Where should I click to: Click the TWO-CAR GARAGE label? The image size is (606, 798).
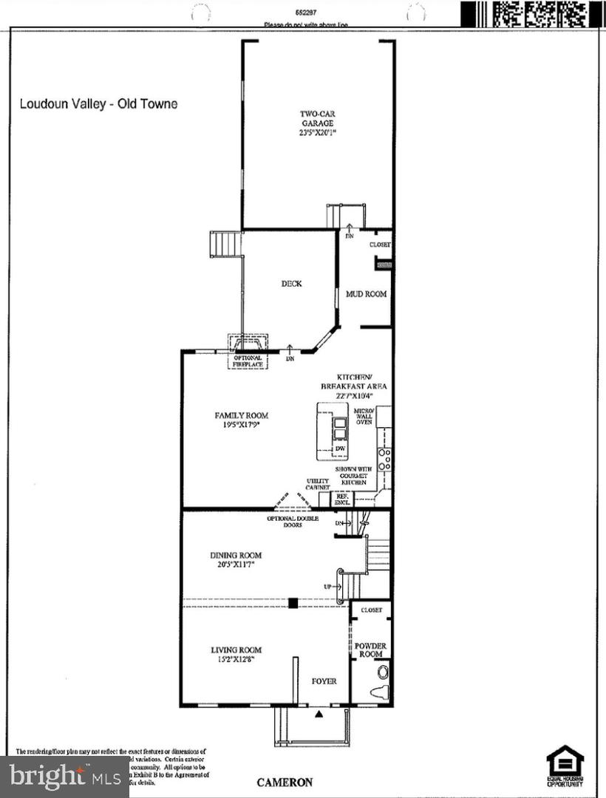(316, 123)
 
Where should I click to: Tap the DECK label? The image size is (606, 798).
(291, 283)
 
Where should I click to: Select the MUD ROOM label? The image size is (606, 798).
(367, 294)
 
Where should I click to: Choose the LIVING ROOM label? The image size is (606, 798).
(236, 655)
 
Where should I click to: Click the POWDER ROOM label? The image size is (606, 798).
(370, 650)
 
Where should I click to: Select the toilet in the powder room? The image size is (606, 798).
(383, 672)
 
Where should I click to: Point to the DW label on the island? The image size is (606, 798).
(340, 448)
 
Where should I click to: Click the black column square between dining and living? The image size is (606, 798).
(293, 602)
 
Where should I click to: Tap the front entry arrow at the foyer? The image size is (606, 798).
(319, 714)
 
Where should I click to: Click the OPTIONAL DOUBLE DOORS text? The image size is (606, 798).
(293, 522)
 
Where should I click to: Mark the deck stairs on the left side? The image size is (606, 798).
(226, 243)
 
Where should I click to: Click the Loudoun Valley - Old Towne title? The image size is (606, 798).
(98, 104)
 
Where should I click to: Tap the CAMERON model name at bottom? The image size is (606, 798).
(285, 782)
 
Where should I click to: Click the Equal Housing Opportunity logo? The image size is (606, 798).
(565, 765)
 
